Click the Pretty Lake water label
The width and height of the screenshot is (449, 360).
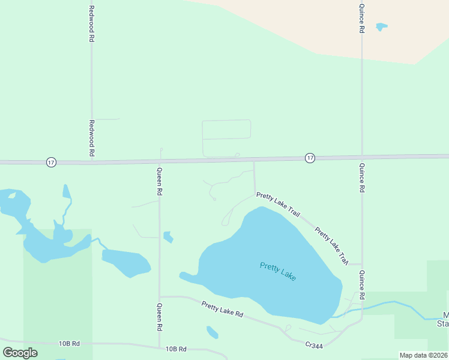278,272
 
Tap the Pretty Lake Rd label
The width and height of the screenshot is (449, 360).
222,310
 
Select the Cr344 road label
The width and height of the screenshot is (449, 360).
314,345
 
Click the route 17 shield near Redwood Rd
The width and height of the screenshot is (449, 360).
51,163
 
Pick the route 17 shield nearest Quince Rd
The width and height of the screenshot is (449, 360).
310,158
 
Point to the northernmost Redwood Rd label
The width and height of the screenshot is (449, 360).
92,23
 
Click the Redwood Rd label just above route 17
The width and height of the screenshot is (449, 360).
92,138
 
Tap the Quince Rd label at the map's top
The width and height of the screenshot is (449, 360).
362,17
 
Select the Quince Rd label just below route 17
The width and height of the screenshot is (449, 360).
362,178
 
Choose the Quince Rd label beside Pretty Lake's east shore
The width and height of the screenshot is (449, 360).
362,284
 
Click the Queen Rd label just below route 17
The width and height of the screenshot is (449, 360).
160,181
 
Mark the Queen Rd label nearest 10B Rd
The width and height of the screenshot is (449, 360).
160,318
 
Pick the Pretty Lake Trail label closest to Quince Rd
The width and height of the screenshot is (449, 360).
331,245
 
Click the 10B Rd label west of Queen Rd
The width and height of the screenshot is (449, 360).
69,344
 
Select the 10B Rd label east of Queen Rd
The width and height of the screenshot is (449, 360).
176,349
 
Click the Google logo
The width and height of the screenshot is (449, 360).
20,352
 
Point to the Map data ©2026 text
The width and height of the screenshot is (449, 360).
423,355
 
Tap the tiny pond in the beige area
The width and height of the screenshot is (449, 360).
381,27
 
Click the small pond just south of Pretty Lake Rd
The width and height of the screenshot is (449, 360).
212,332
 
